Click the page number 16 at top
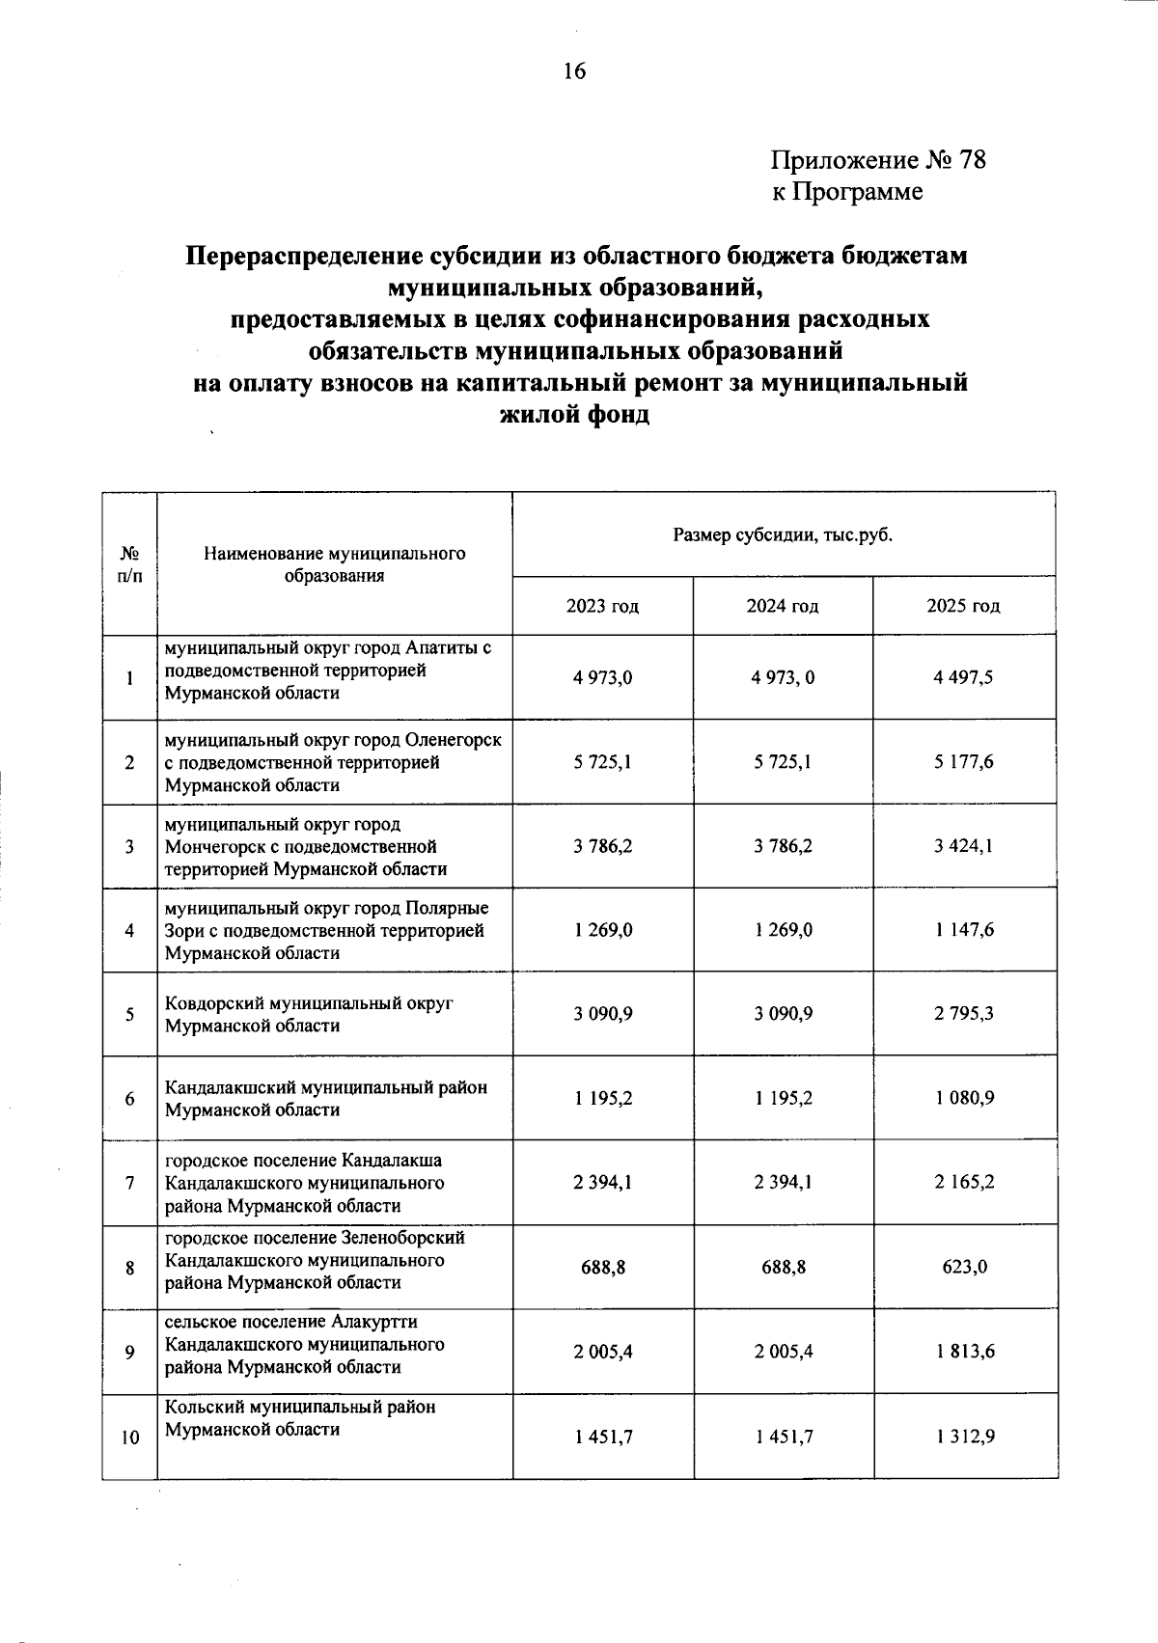(574, 72)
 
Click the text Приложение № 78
(877, 159)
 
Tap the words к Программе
(846, 192)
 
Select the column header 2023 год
(602, 607)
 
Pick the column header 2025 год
(963, 607)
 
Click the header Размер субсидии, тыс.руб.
(782, 534)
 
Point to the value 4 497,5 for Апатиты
(963, 677)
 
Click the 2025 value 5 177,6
(963, 762)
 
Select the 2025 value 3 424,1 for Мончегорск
(963, 846)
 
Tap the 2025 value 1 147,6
(963, 930)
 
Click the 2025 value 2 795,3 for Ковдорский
(963, 1014)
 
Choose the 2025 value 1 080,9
(963, 1098)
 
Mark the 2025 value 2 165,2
(963, 1183)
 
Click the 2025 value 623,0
(963, 1267)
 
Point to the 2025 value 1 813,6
(963, 1351)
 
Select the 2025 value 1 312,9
(963, 1437)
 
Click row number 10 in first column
(129, 1438)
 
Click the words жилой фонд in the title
(575, 416)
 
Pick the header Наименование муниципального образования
(334, 564)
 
